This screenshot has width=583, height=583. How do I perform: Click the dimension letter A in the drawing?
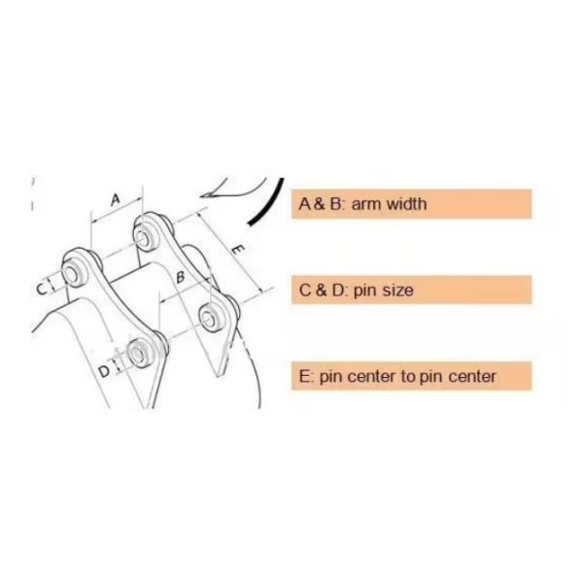(116, 199)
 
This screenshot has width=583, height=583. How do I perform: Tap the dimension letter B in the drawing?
(181, 277)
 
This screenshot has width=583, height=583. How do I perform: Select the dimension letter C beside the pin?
(42, 289)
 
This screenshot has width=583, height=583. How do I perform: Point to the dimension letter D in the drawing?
(105, 371)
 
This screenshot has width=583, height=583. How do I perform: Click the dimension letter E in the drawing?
(238, 249)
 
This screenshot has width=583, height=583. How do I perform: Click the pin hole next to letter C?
(70, 274)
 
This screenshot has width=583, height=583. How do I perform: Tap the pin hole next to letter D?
(138, 352)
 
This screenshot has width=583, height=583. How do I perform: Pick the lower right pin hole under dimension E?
(209, 317)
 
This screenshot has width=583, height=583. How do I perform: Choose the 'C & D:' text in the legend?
(324, 290)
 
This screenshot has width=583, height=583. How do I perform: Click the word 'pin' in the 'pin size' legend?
(366, 291)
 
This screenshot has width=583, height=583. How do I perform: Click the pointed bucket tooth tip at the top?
(202, 195)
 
